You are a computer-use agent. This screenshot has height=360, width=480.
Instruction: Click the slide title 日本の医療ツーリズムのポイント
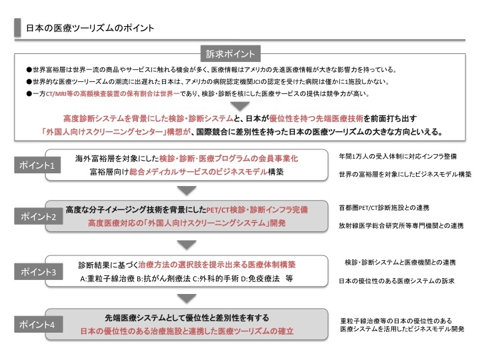point(89,28)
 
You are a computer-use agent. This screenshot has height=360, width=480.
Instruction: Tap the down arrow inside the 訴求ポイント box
point(239,106)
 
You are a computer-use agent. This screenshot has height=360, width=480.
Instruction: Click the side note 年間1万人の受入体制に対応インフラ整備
point(398,156)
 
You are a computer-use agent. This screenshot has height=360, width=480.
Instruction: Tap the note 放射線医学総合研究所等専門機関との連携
point(401,226)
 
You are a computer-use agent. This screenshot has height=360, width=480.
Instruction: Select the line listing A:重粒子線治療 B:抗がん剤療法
point(187,277)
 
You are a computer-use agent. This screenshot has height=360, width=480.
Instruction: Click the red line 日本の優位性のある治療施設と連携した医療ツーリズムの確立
point(187,331)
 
